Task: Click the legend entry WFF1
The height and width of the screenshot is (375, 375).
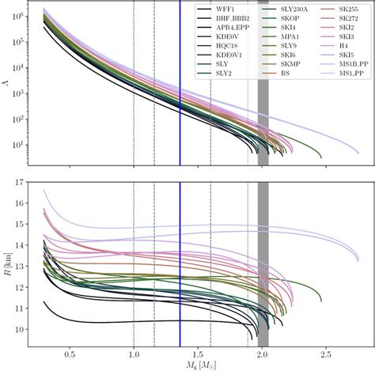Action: pyautogui.click(x=229, y=8)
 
